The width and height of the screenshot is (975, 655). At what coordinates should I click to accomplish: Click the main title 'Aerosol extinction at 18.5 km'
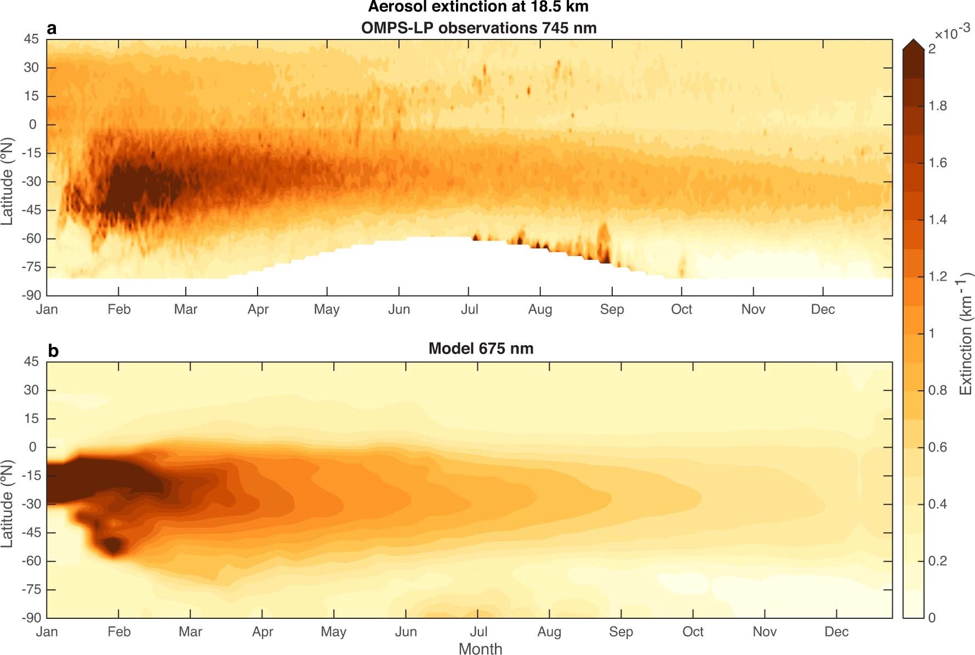pyautogui.click(x=478, y=7)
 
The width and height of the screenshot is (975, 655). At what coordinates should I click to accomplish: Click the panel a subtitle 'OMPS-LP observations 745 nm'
pyautogui.click(x=478, y=28)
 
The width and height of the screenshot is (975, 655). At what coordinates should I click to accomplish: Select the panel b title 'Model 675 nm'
pyautogui.click(x=481, y=349)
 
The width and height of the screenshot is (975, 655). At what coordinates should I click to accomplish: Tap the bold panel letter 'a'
pyautogui.click(x=52, y=29)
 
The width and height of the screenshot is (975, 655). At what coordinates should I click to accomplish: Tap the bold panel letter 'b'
pyautogui.click(x=53, y=351)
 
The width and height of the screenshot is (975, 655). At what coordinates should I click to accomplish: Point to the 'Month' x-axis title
pyautogui.click(x=480, y=648)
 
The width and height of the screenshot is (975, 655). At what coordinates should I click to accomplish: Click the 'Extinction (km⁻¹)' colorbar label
pyautogui.click(x=966, y=334)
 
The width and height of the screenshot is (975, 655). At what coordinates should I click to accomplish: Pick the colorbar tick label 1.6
pyautogui.click(x=938, y=163)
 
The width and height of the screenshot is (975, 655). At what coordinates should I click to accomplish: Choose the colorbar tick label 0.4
pyautogui.click(x=938, y=504)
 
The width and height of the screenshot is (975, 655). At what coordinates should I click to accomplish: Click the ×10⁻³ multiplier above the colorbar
pyautogui.click(x=952, y=33)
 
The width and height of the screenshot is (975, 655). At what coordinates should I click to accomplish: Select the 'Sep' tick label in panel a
pyautogui.click(x=612, y=310)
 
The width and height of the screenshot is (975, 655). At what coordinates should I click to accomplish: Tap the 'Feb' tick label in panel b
pyautogui.click(x=119, y=632)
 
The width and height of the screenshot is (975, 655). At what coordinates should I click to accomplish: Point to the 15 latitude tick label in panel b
pyautogui.click(x=31, y=419)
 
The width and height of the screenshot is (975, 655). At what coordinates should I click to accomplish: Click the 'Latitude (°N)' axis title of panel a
pyautogui.click(x=7, y=181)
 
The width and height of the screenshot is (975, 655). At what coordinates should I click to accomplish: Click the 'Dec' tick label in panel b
pyautogui.click(x=836, y=632)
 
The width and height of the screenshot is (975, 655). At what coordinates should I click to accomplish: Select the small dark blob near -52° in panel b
pyautogui.click(x=113, y=545)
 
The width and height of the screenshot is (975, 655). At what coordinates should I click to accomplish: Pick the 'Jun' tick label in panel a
pyautogui.click(x=399, y=310)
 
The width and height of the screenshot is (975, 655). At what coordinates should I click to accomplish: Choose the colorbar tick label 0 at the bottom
pyautogui.click(x=932, y=618)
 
